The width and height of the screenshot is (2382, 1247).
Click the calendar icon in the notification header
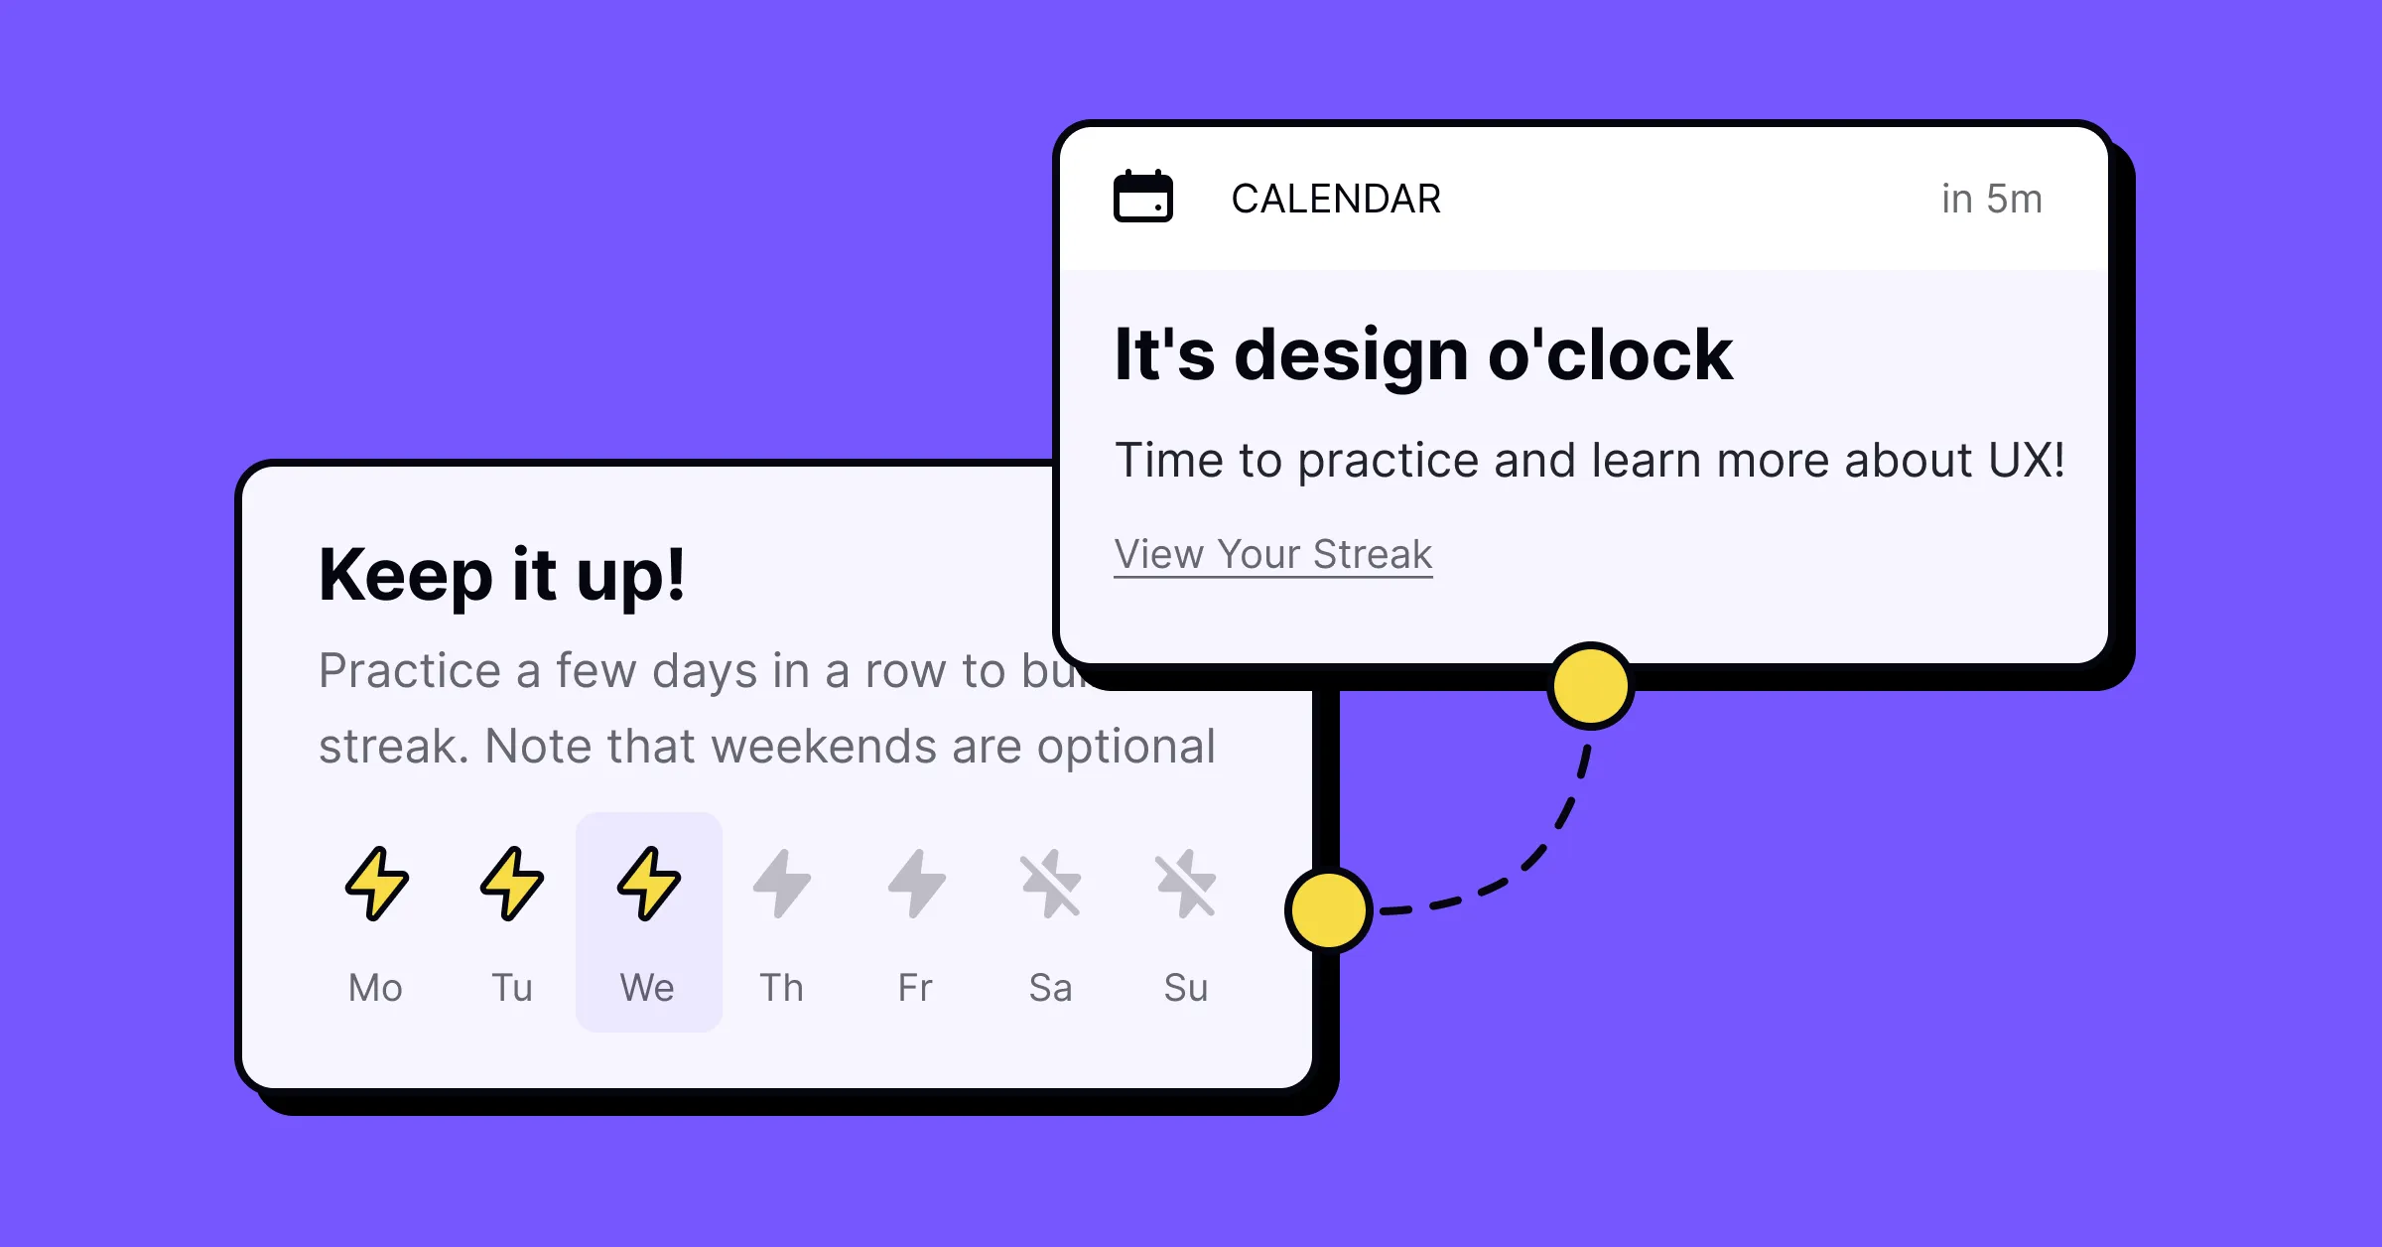pos(1142,197)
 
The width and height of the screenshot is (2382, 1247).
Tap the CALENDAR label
pos(1336,200)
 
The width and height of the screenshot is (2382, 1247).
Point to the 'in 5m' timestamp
pos(1991,200)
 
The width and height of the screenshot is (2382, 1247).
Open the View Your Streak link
pos(1273,554)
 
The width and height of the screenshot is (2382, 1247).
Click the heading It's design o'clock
pos(1423,354)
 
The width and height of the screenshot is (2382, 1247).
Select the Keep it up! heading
pos(501,576)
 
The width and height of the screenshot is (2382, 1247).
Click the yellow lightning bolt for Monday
pos(376,883)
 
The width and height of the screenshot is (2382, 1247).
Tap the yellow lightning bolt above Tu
pos(512,883)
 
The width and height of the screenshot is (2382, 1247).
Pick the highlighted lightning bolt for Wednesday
pos(649,883)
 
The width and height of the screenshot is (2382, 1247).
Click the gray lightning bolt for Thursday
pos(782,883)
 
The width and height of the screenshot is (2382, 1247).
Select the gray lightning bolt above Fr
pos(916,883)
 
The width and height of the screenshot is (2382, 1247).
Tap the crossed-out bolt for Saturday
pos(1051,883)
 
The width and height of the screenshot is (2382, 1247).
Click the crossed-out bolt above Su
pos(1186,883)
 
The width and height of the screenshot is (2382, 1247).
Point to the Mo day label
pos(375,988)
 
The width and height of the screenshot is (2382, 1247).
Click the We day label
pos(647,988)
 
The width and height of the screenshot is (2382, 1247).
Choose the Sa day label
pos(1050,988)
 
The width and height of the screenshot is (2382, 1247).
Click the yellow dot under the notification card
pos(1590,686)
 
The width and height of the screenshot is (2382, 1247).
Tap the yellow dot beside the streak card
pos(1328,909)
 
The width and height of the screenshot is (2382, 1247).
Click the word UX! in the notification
pos(2026,461)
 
